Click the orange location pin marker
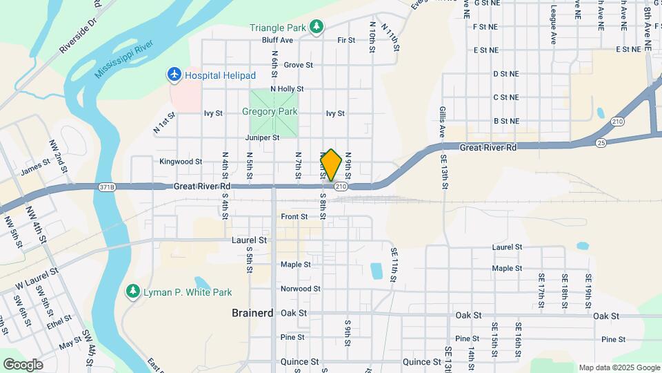point(331,165)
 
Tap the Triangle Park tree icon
point(317,26)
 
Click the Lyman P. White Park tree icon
point(133,291)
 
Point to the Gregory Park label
point(270,111)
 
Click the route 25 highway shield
point(601,142)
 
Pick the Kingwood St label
point(180,162)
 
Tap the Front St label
point(294,217)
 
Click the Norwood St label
point(300,289)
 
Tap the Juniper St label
point(262,137)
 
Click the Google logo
point(23,365)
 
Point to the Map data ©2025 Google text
point(619,367)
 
